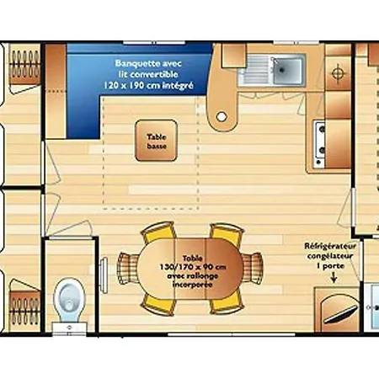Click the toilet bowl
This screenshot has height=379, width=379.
[69, 299]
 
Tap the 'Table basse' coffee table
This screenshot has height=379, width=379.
[156, 141]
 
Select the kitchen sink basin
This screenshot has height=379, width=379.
[287, 70]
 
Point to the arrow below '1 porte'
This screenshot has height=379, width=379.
[334, 277]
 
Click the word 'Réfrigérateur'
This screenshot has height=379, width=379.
[330, 246]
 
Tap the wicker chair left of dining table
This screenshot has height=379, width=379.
[128, 267]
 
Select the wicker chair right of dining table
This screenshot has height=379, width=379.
[253, 267]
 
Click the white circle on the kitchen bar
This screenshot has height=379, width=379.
[222, 116]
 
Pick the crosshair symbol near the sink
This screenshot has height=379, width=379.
[338, 74]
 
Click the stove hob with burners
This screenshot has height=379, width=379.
[319, 143]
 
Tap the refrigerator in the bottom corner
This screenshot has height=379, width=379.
[337, 309]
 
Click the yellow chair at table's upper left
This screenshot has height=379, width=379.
[157, 232]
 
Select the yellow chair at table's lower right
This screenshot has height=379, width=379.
[227, 304]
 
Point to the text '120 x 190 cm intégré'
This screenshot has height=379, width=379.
[148, 85]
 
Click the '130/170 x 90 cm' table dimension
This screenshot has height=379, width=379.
[193, 267]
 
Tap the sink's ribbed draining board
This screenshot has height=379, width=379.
[255, 70]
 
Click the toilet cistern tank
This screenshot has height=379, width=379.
[69, 328]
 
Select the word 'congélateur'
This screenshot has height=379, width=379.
[330, 256]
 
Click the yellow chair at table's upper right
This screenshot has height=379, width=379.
[227, 232]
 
